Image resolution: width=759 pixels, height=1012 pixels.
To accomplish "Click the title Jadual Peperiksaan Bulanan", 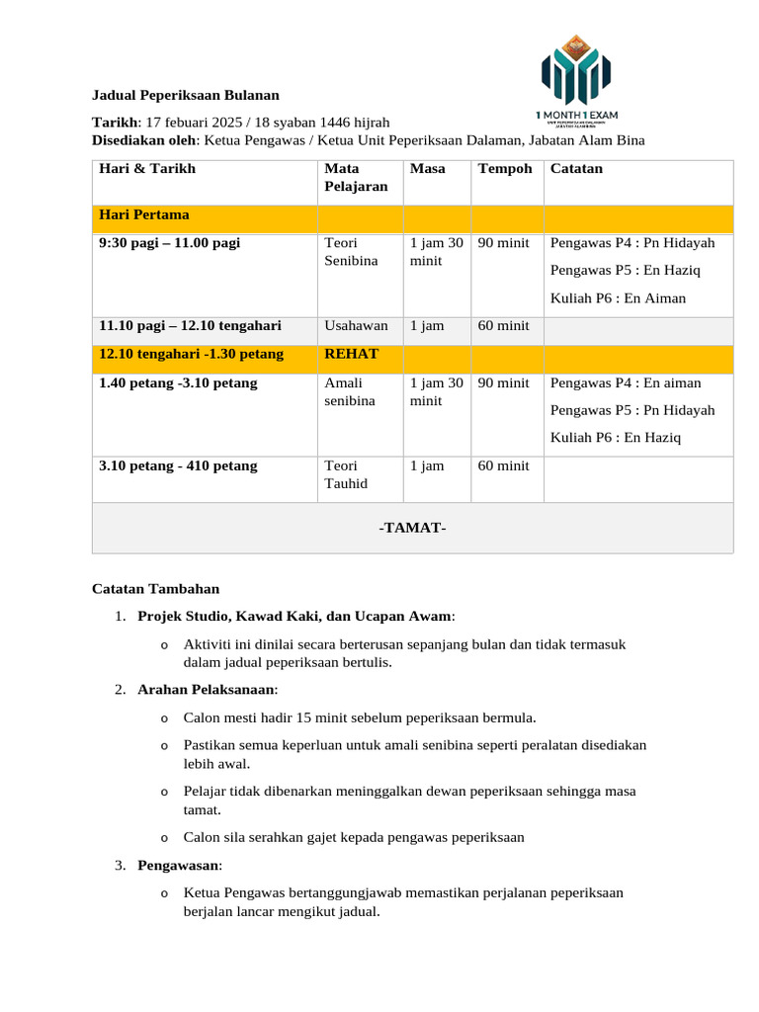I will tap(186, 95).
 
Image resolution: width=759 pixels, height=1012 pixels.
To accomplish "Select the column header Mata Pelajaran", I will tap(356, 177).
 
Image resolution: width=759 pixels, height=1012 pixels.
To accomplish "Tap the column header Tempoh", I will tap(505, 168).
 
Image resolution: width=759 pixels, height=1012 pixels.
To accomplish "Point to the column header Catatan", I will tap(576, 168).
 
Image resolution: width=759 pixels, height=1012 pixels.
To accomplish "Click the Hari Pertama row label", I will tap(144, 214).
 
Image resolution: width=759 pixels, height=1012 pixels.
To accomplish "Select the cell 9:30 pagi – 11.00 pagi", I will tap(170, 242).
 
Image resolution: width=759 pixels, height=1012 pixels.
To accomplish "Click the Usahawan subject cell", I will tap(356, 325).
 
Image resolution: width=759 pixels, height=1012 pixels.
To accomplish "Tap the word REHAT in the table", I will tap(351, 353).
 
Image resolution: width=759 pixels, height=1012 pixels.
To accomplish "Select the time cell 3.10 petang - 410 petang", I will tap(178, 465).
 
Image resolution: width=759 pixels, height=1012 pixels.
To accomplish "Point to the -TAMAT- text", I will tap(412, 528).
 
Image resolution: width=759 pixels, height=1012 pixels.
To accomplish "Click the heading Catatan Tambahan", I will tap(155, 589).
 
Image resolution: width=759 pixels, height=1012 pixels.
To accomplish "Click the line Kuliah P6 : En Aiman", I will tap(618, 297).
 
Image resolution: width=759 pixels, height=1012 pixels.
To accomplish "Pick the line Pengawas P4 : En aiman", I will tap(626, 382).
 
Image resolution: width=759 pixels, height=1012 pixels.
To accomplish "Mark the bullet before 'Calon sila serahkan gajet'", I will tap(164, 838).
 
